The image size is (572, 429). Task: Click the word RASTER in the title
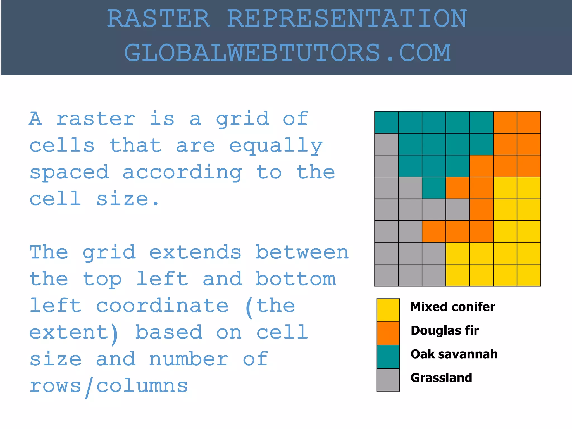[x=158, y=19]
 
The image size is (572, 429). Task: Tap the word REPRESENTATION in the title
[x=347, y=19]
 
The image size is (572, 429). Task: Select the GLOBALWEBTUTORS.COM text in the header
[x=287, y=53]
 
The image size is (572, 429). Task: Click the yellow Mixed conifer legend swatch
[x=388, y=310]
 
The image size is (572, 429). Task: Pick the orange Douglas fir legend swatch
[x=388, y=333]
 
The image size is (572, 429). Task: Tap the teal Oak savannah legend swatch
[x=388, y=357]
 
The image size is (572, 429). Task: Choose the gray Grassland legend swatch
[x=388, y=380]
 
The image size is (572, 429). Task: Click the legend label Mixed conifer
[x=452, y=307]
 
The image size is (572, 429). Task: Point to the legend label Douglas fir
[x=445, y=331]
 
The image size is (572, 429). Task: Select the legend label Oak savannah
[x=454, y=354]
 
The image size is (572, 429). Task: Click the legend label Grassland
[x=441, y=378]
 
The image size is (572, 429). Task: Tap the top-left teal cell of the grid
[x=386, y=122]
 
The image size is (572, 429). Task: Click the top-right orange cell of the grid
[x=529, y=122]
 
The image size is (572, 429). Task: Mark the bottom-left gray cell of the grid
[x=386, y=275]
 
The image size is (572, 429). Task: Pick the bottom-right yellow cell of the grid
[x=529, y=275]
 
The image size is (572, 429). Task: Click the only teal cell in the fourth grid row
[x=434, y=188]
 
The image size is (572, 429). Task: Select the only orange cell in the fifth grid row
[x=481, y=209]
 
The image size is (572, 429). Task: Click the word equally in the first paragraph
[x=276, y=146]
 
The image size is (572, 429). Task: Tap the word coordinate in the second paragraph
[x=162, y=306]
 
